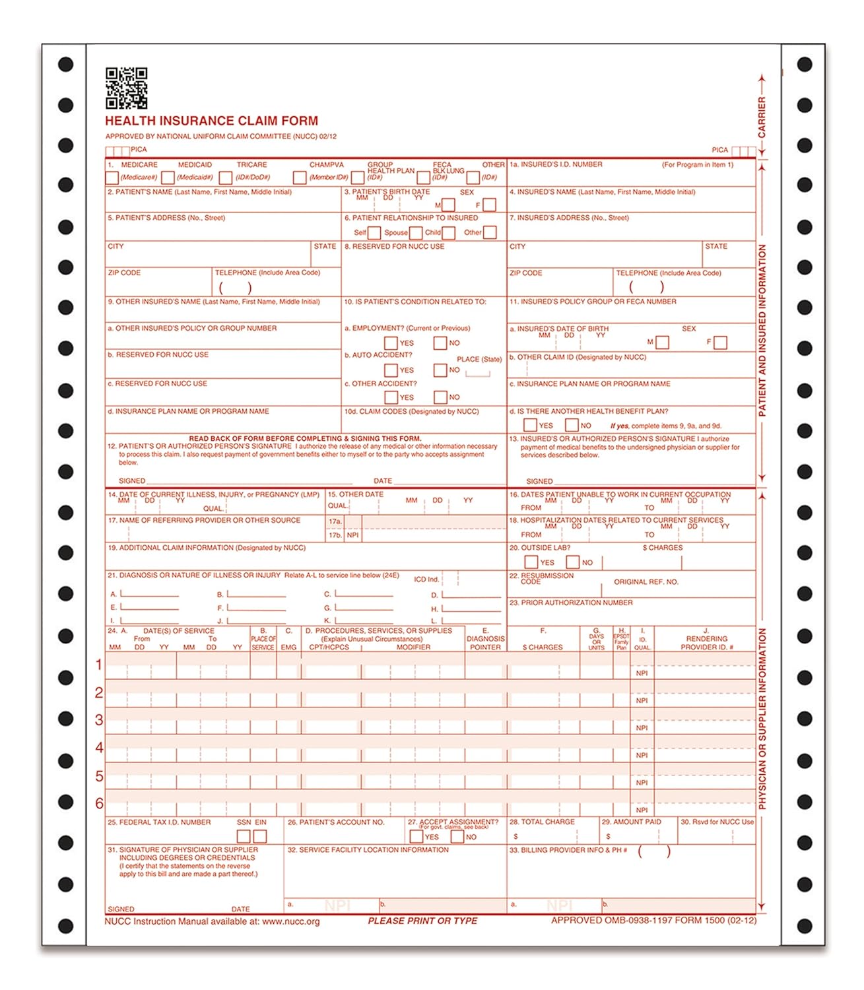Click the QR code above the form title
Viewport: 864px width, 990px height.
[126, 88]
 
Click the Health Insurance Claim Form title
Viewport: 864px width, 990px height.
[211, 121]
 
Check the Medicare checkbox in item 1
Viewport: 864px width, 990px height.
[112, 178]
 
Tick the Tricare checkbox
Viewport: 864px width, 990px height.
[226, 178]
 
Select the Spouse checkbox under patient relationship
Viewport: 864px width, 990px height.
[415, 233]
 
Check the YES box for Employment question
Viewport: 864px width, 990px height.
[391, 343]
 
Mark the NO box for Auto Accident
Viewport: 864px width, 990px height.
[440, 370]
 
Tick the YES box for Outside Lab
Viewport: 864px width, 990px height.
[531, 562]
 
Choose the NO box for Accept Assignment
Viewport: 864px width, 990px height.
[457, 837]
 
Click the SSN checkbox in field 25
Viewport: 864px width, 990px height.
[244, 836]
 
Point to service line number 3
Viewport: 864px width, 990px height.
[99, 720]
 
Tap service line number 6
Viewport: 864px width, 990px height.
[99, 803]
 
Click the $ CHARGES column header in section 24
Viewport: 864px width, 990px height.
[543, 647]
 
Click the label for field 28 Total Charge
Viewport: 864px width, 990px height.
[542, 822]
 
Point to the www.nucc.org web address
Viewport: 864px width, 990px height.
[290, 922]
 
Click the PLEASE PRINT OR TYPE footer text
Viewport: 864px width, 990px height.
[422, 921]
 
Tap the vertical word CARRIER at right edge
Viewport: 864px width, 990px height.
[762, 117]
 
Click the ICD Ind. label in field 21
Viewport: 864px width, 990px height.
[426, 579]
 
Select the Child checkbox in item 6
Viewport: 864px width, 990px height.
[449, 233]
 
